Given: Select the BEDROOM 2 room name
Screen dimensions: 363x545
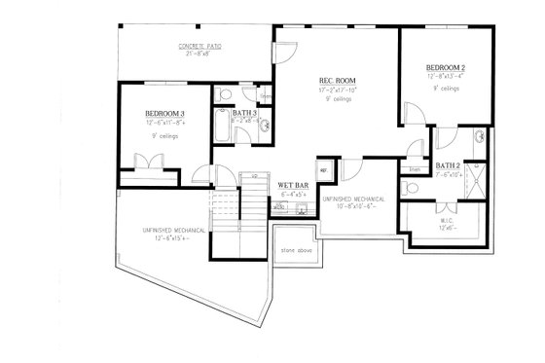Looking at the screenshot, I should point(447,67).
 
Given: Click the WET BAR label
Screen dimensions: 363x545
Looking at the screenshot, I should point(293,184).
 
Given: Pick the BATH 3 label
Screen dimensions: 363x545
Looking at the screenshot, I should point(244,115).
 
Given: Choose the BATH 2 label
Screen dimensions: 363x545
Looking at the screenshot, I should point(449,165).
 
